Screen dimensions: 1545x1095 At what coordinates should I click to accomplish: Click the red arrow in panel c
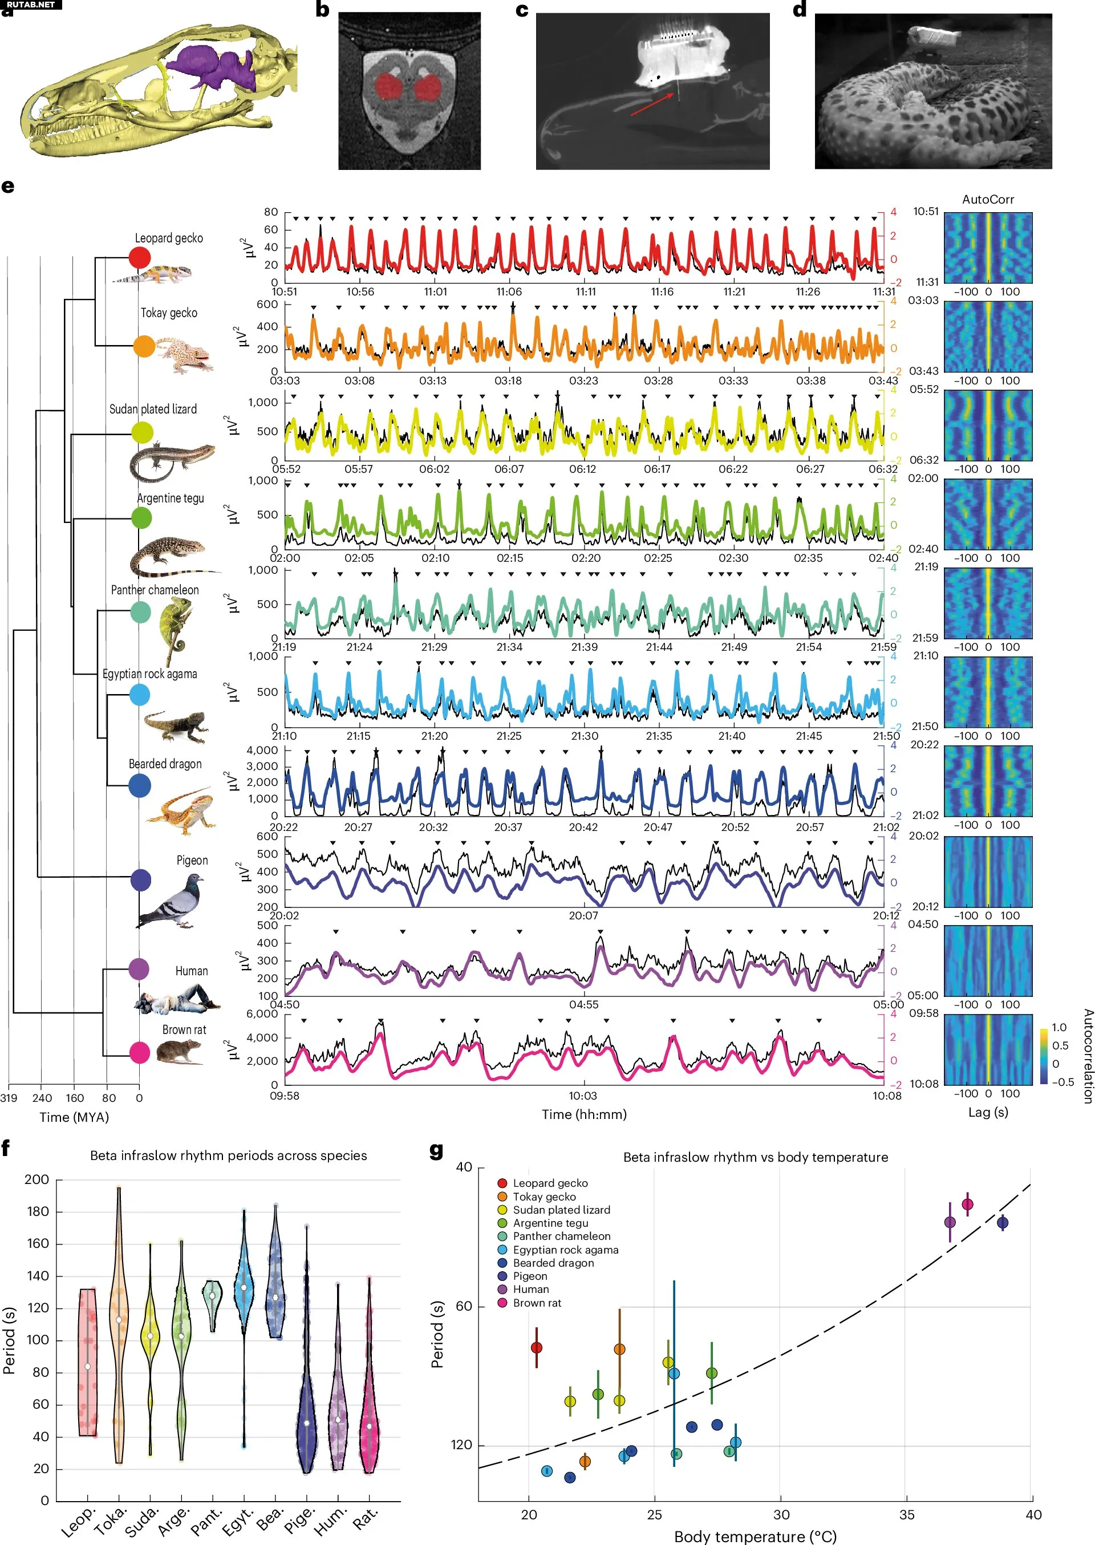[x=652, y=104]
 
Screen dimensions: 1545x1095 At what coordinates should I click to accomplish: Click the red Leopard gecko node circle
[x=140, y=258]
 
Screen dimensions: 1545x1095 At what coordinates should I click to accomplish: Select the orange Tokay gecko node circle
[x=144, y=347]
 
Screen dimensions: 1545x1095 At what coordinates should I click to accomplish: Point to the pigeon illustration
[x=172, y=901]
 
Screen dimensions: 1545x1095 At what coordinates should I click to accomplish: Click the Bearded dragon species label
[x=165, y=764]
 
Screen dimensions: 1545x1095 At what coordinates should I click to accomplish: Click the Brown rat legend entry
[x=537, y=1303]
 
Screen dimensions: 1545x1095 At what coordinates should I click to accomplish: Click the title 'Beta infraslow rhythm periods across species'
[x=229, y=1155]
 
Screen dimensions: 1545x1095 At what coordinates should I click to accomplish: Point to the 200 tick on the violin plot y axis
[x=36, y=1179]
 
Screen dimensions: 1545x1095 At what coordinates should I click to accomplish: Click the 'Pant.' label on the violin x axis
[x=206, y=1520]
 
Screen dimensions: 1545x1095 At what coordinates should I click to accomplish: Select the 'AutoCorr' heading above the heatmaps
[x=988, y=200]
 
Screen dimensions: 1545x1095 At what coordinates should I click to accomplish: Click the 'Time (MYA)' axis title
[x=74, y=1117]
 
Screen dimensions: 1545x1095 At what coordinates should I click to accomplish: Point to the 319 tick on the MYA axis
[x=9, y=1097]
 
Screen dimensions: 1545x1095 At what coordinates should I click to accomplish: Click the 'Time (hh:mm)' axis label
[x=584, y=1114]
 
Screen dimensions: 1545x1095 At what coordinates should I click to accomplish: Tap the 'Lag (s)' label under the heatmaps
[x=988, y=1112]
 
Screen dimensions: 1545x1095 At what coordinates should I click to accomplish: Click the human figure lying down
[x=179, y=1000]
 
